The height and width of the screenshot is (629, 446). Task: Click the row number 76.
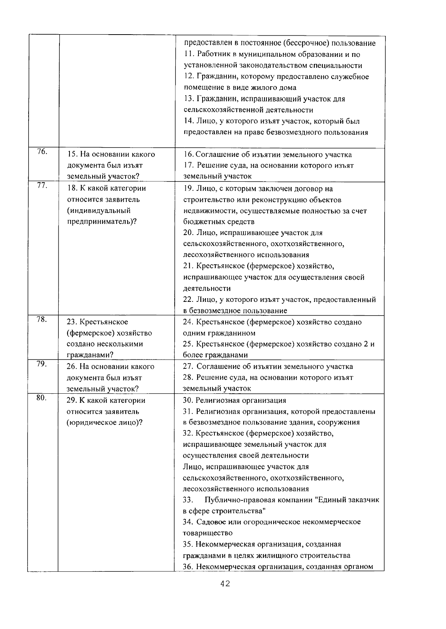pos(42,152)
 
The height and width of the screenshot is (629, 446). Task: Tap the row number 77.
pos(42,186)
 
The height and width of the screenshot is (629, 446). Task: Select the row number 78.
pos(41,319)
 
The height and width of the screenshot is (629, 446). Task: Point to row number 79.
pos(41,364)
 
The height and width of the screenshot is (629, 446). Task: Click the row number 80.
pos(41,397)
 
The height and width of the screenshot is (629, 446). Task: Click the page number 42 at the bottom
pos(225,584)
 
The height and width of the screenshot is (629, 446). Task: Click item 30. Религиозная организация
pos(235,400)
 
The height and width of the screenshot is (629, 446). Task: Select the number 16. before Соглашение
pos(189,154)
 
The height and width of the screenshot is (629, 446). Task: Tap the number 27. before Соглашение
pos(188,367)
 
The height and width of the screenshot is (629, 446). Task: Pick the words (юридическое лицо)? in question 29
pos(104,423)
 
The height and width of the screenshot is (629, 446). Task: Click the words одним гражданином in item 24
pos(219,333)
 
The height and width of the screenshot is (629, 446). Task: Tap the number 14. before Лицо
pos(189,121)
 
